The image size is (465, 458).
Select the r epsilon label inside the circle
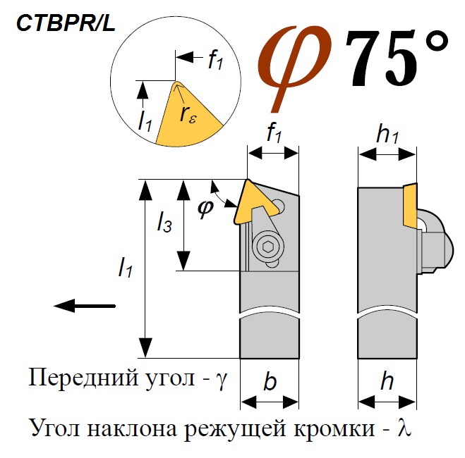[x=189, y=114]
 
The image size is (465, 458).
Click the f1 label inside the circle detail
[x=215, y=61]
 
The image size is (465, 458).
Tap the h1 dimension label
[x=387, y=135]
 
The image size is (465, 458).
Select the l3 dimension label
[x=163, y=224]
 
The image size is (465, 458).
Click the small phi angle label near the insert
[x=205, y=209]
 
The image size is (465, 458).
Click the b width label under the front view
[x=270, y=383]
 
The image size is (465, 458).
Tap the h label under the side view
[x=387, y=383]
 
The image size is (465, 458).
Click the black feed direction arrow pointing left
[x=84, y=305]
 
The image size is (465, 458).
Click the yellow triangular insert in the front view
[x=253, y=201]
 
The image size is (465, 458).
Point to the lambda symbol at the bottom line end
[x=404, y=427]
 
